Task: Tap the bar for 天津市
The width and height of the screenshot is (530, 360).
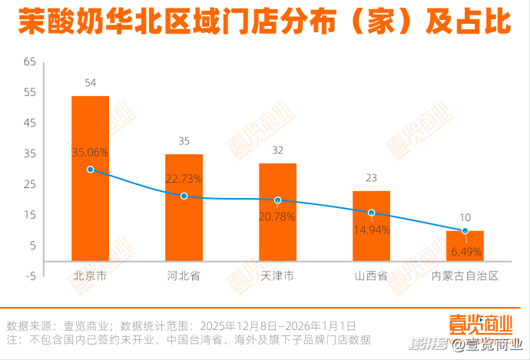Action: pyautogui.click(x=277, y=230)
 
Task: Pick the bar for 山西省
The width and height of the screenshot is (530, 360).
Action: pyautogui.click(x=371, y=238)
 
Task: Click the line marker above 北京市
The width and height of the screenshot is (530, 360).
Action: pyautogui.click(x=91, y=170)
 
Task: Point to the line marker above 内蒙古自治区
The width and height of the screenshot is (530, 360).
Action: pyautogui.click(x=465, y=230)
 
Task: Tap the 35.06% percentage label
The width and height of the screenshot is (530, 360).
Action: pyautogui.click(x=91, y=152)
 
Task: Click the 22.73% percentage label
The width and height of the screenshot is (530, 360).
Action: pyautogui.click(x=184, y=178)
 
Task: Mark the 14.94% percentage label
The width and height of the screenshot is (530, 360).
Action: pyautogui.click(x=371, y=229)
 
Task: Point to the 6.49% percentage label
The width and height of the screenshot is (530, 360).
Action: pyautogui.click(x=465, y=251)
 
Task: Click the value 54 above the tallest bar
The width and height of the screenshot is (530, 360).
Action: pyautogui.click(x=90, y=83)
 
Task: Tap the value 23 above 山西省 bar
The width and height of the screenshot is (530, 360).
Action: pyautogui.click(x=371, y=178)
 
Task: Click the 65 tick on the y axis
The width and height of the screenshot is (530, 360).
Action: pyautogui.click(x=31, y=62)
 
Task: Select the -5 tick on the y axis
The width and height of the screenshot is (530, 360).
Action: pyautogui.click(x=31, y=276)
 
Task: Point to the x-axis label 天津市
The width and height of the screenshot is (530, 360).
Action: pyautogui.click(x=277, y=276)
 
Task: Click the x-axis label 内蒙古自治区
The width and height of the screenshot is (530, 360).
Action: pyautogui.click(x=465, y=276)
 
